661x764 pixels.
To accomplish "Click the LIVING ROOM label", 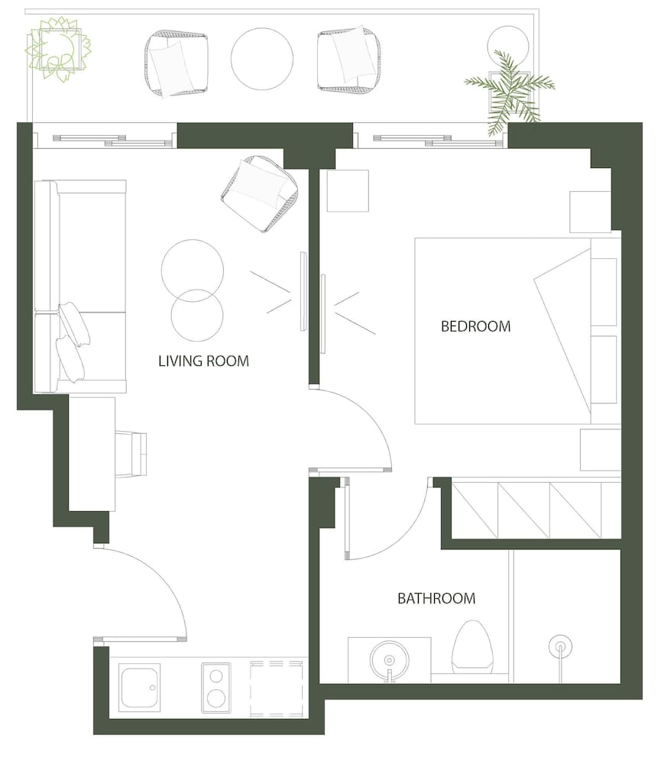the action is tap(203, 361).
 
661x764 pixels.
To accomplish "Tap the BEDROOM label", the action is tap(476, 326).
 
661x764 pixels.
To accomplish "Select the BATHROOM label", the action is tap(436, 598).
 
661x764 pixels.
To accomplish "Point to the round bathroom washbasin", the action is tap(389, 661).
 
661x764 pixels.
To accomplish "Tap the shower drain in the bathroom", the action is tap(560, 647).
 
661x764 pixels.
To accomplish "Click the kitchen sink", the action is tap(141, 688).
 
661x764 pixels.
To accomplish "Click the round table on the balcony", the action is tap(262, 59).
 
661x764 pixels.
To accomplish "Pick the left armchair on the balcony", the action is tap(176, 63).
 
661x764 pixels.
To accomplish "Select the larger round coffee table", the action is tap(193, 270).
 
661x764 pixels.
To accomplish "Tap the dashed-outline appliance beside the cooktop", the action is tap(277, 688).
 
